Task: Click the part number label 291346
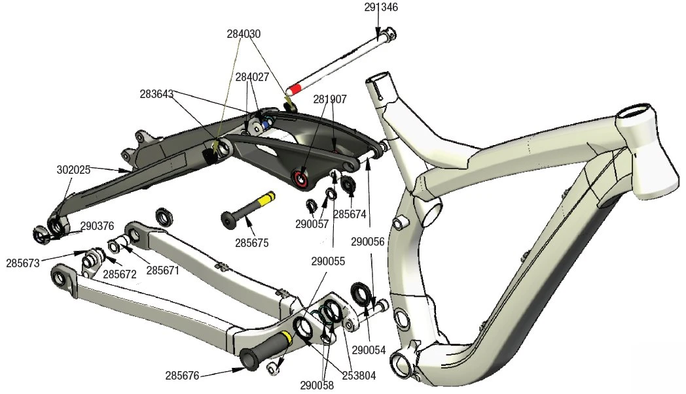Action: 381,7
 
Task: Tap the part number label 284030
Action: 244,33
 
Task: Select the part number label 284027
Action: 253,77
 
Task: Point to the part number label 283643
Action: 156,94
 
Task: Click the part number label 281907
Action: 330,99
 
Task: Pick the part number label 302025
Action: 73,169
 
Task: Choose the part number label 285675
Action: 252,242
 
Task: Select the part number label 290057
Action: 312,224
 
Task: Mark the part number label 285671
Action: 163,270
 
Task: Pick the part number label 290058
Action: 317,386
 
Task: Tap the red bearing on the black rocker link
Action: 302,178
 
